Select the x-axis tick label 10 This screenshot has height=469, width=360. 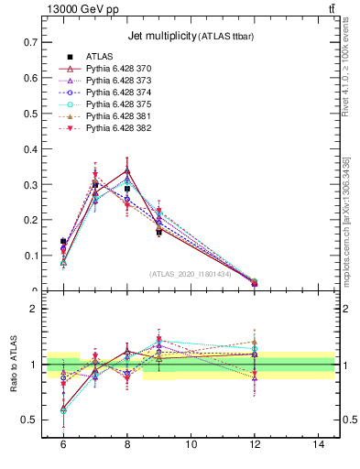pyautogui.click(x=191, y=443)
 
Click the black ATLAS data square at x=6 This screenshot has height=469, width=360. pyautogui.click(x=63, y=242)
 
